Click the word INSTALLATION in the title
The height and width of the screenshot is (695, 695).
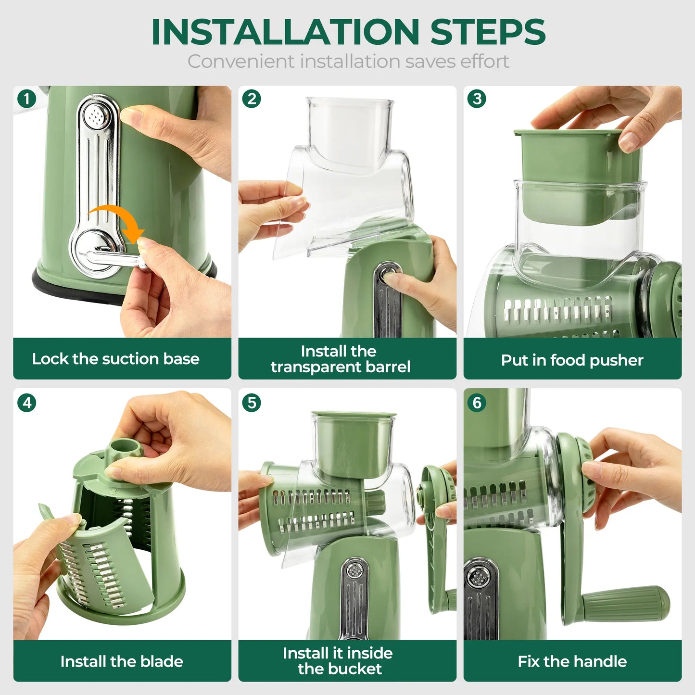(286, 32)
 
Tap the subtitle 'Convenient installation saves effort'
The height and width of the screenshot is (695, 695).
(348, 62)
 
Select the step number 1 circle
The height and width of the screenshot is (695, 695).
(27, 99)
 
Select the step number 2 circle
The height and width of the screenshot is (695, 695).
(252, 99)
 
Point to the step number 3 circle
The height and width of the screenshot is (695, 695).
(477, 99)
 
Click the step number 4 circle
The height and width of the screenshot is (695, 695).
(27, 403)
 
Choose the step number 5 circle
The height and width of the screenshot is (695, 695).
(252, 403)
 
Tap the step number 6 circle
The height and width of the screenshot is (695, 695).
(477, 403)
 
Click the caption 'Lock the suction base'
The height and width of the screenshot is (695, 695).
(115, 359)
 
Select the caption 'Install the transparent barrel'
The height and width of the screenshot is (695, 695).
(340, 359)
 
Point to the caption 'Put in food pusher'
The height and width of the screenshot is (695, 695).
(572, 360)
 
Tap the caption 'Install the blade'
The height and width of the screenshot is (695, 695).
(122, 661)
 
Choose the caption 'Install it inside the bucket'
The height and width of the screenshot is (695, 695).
(338, 661)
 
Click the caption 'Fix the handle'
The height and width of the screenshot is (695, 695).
(572, 661)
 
